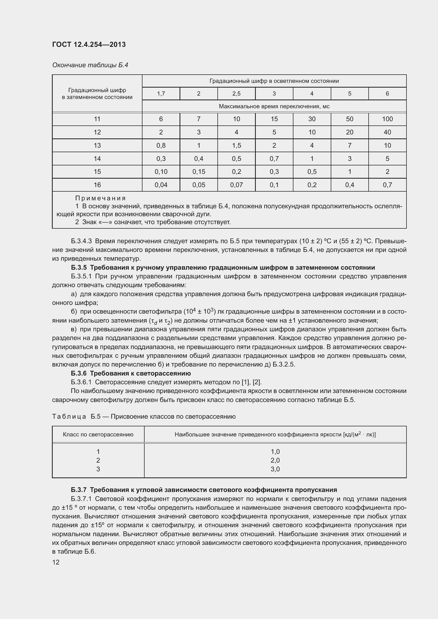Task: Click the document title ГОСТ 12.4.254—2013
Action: pos(89,44)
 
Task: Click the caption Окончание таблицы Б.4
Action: pos(90,65)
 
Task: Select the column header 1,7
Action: pos(161,93)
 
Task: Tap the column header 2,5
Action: pos(236,93)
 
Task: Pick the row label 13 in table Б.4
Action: pos(97,145)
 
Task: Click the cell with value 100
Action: pos(387,119)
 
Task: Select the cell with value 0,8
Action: pos(161,145)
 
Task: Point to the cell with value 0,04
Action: pos(161,185)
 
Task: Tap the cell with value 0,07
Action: pos(236,185)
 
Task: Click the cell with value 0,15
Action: pos(199,171)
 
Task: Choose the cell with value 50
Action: pos(349,119)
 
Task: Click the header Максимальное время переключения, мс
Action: pos(274,106)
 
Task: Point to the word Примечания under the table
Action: pos(100,198)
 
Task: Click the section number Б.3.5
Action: pos(79,268)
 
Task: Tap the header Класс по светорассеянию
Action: pos(98,434)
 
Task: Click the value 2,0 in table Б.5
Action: pos(275,460)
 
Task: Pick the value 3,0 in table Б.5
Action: pos(275,469)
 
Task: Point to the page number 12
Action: pos(56,562)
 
